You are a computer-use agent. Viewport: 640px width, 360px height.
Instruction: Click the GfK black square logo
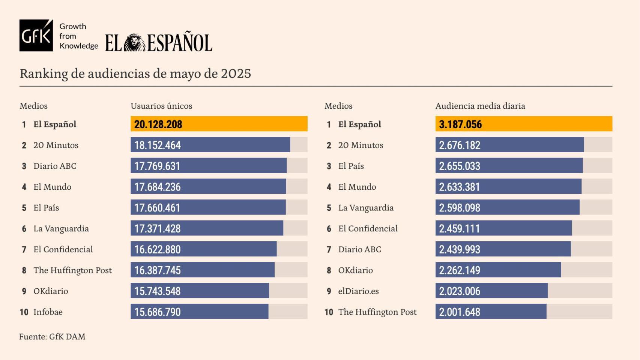(36, 35)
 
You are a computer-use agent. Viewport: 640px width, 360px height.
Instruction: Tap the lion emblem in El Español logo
(135, 42)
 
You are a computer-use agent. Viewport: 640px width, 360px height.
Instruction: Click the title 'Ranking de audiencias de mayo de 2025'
(135, 73)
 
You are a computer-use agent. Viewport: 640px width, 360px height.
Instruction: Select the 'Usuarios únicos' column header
(161, 106)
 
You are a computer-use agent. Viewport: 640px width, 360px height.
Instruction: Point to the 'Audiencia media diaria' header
(480, 106)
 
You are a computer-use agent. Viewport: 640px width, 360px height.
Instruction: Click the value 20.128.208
(158, 124)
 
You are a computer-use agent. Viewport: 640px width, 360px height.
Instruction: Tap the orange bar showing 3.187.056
(524, 124)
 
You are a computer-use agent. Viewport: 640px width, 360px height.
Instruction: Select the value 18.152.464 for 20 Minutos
(158, 145)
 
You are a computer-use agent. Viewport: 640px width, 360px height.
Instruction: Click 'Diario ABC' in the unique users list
(55, 166)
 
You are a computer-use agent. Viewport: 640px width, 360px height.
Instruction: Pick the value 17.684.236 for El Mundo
(158, 187)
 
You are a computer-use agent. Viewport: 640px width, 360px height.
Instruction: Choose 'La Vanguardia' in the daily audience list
(366, 208)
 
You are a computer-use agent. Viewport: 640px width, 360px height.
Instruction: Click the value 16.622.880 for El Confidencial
(158, 249)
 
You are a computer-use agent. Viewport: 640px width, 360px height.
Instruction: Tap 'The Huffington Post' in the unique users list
(72, 270)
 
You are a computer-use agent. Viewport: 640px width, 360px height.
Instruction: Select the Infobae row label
(48, 312)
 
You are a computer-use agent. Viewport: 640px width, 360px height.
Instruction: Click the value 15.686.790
(158, 312)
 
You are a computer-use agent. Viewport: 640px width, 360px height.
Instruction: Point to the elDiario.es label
(358, 291)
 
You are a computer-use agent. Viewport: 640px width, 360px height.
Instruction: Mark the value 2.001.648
(460, 312)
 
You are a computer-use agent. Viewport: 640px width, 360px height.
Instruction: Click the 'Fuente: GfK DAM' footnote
(52, 337)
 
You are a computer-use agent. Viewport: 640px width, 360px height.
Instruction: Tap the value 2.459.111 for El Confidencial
(460, 228)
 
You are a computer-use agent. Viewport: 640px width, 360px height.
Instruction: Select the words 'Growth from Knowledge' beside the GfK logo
(78, 36)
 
